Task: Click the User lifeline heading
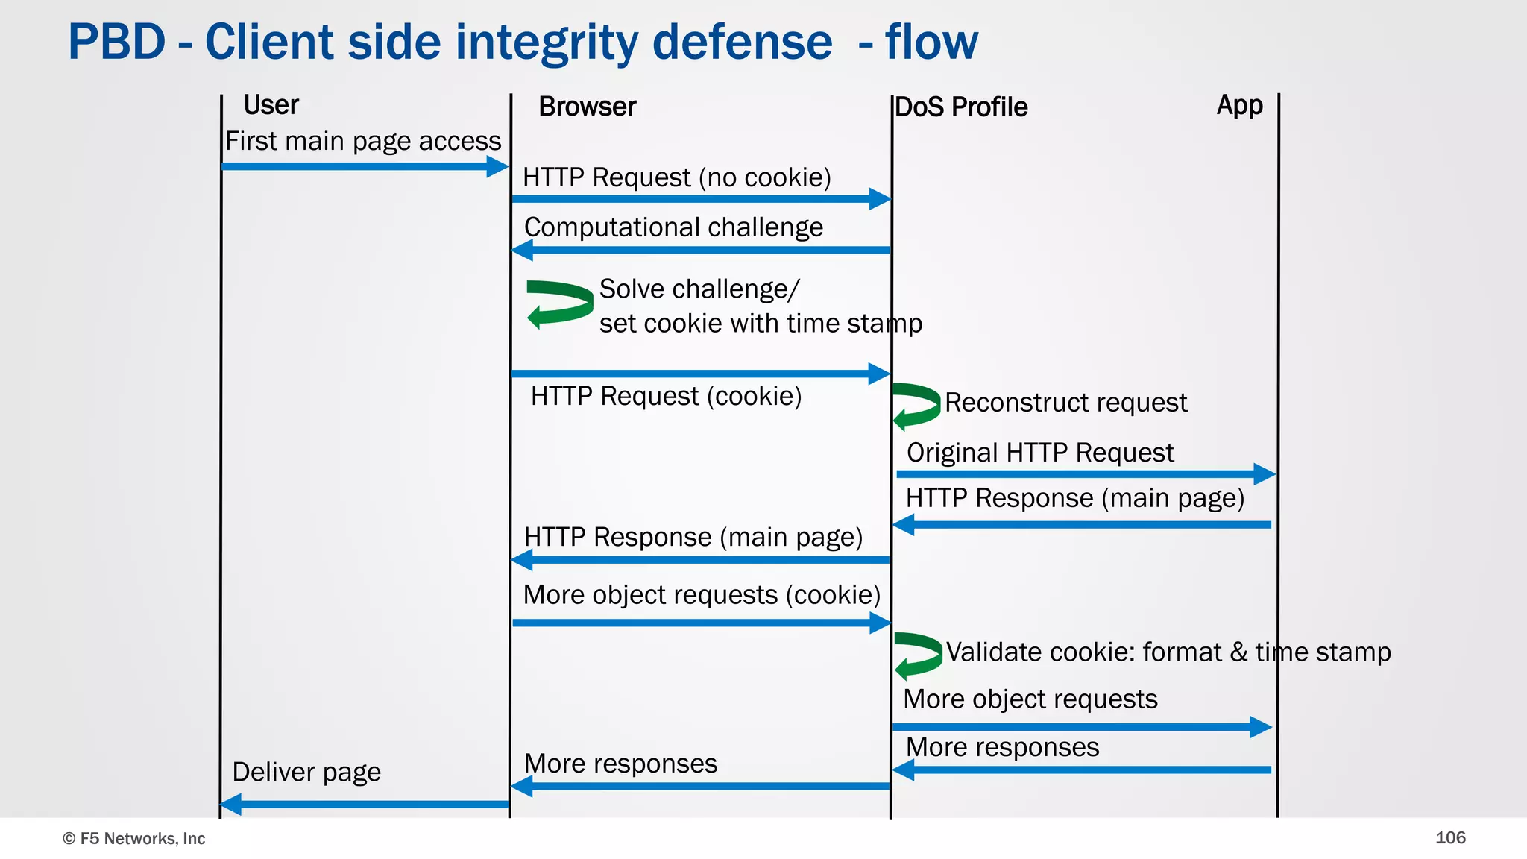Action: pyautogui.click(x=271, y=105)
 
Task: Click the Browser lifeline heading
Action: pyautogui.click(x=587, y=107)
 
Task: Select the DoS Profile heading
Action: pyautogui.click(x=960, y=107)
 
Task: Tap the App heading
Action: pyautogui.click(x=1239, y=105)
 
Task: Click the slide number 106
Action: pyautogui.click(x=1449, y=837)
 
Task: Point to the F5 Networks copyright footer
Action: pyautogui.click(x=134, y=838)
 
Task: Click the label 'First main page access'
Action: pyautogui.click(x=363, y=141)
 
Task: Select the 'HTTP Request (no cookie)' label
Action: pyautogui.click(x=676, y=177)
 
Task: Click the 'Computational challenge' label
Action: pyautogui.click(x=673, y=227)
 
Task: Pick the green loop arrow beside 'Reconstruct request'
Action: pyautogui.click(x=916, y=406)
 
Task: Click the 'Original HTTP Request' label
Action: pyautogui.click(x=1039, y=453)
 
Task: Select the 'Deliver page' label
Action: pyautogui.click(x=306, y=772)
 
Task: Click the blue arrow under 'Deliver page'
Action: pyautogui.click(x=365, y=804)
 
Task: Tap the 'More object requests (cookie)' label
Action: pyautogui.click(x=702, y=594)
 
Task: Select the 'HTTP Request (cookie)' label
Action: pyautogui.click(x=666, y=396)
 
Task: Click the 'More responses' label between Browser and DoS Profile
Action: pyautogui.click(x=620, y=764)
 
